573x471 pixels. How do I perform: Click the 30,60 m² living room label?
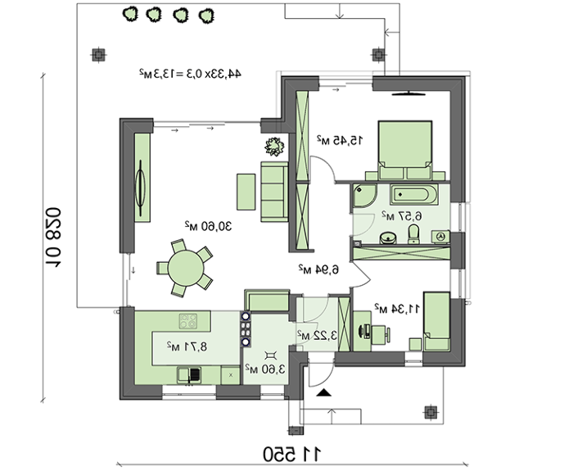pyautogui.click(x=208, y=227)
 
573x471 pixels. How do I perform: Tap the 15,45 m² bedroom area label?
pyautogui.click(x=340, y=140)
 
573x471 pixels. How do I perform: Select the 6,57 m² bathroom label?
pyautogui.click(x=402, y=216)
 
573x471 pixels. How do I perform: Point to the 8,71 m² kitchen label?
pyautogui.click(x=187, y=346)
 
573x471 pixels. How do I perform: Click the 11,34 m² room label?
pyautogui.click(x=397, y=308)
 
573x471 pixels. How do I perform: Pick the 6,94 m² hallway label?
pyautogui.click(x=318, y=269)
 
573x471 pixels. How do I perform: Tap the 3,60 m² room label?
pyautogui.click(x=265, y=369)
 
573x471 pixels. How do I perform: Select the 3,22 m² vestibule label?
pyautogui.click(x=317, y=335)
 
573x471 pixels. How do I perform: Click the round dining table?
pyautogui.click(x=186, y=268)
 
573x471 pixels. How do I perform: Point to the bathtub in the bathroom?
pyautogui.click(x=414, y=195)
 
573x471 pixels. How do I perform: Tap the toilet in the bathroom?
pyautogui.click(x=413, y=234)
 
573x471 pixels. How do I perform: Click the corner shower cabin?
pyautogui.click(x=364, y=196)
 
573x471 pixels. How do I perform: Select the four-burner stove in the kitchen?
pyautogui.click(x=188, y=321)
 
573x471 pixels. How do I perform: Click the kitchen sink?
pyautogui.click(x=189, y=375)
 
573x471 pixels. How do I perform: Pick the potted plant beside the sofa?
pyautogui.click(x=274, y=147)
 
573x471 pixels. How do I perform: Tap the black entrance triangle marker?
pyautogui.click(x=323, y=393)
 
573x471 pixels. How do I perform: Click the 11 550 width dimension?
pyautogui.click(x=292, y=454)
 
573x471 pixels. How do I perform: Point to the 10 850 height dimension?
pyautogui.click(x=53, y=238)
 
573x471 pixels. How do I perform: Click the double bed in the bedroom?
pyautogui.click(x=405, y=151)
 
